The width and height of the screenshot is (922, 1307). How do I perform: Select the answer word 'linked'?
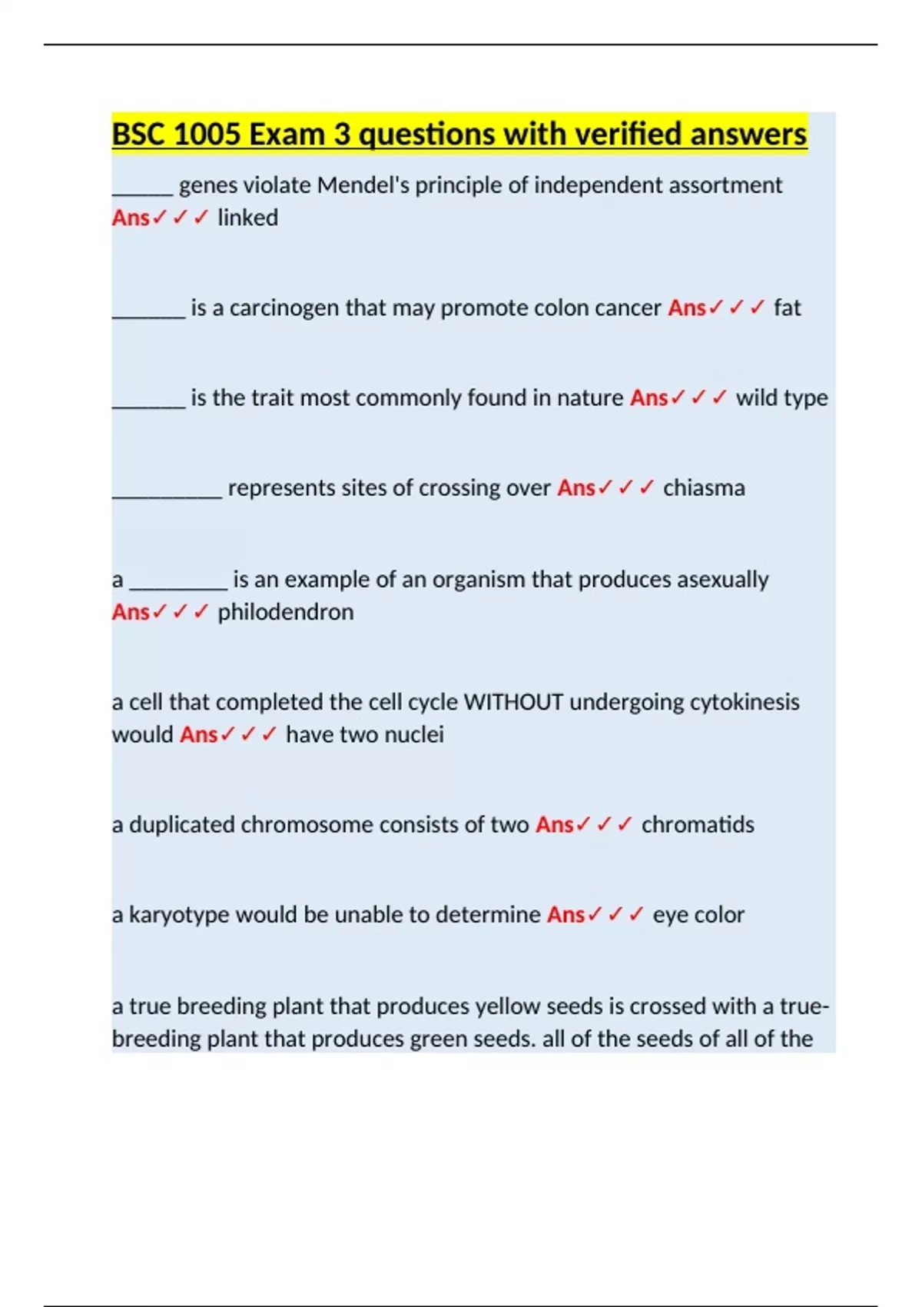click(247, 218)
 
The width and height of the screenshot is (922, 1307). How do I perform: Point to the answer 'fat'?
click(787, 308)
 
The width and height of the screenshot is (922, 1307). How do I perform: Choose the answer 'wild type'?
click(781, 398)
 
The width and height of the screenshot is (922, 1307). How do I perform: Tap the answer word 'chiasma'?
click(704, 488)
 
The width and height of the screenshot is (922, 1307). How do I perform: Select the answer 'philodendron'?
click(285, 613)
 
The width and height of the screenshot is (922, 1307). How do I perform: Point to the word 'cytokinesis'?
click(745, 702)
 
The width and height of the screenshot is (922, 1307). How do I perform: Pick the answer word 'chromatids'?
click(698, 825)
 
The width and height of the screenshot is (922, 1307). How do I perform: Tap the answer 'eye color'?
click(698, 915)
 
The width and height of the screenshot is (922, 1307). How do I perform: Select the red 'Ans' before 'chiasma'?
click(576, 488)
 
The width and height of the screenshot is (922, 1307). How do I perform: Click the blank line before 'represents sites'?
click(167, 496)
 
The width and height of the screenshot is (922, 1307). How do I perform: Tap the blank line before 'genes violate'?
click(142, 194)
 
